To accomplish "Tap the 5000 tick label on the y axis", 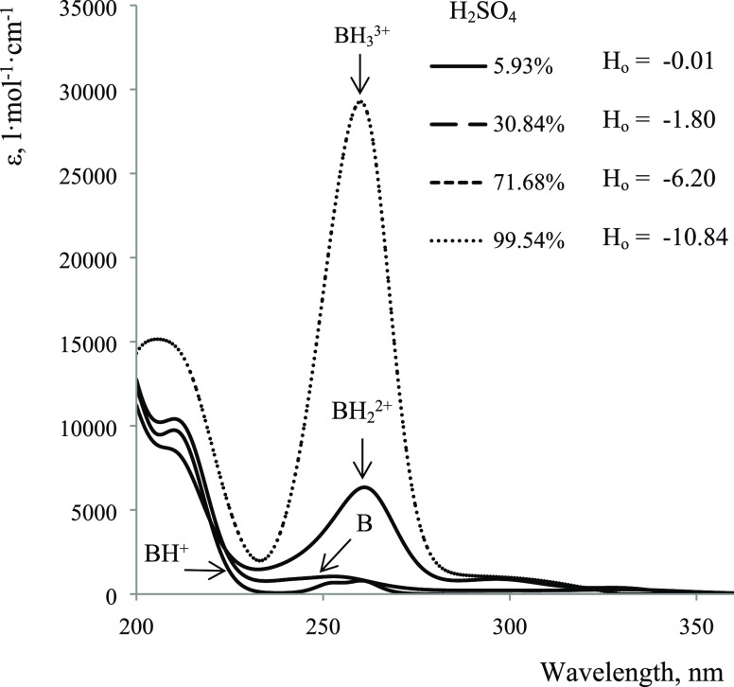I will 105,511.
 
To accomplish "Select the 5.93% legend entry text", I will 537,68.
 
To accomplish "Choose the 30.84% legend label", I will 533,126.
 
